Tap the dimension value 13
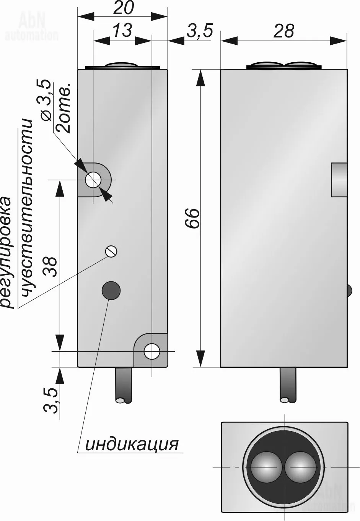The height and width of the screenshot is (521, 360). [122, 31]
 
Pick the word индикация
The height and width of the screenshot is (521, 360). [132, 444]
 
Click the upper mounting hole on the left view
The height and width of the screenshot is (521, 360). [93, 180]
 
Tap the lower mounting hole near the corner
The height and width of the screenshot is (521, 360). [152, 351]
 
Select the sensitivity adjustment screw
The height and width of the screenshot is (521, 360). [111, 251]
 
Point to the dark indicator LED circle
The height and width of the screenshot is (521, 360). [111, 291]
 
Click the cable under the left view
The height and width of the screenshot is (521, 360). [124, 384]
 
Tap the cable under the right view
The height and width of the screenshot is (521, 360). [288, 384]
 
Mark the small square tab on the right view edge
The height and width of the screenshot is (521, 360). [339, 180]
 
